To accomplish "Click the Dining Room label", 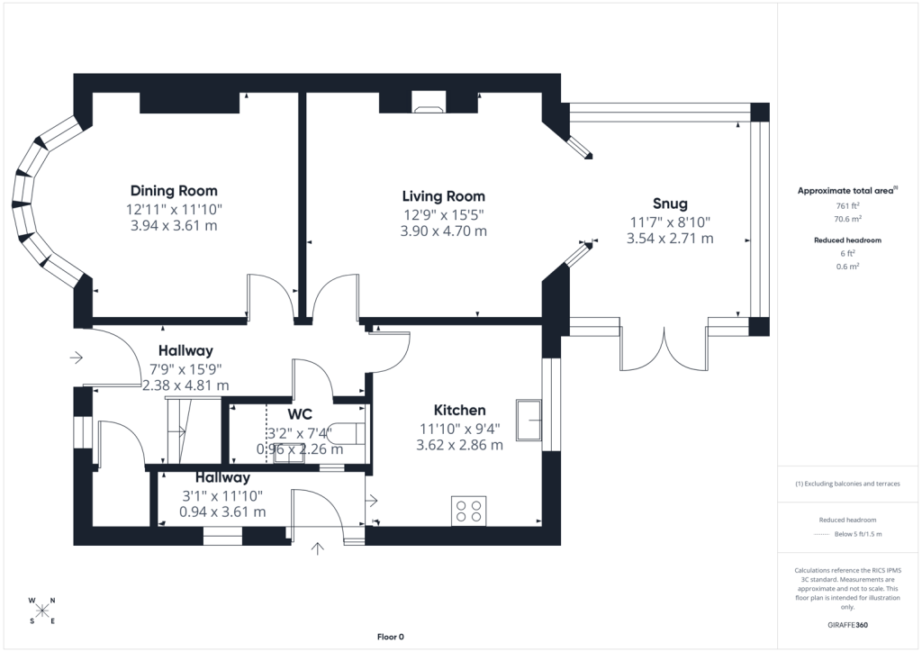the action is [174, 191].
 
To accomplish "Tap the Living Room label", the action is [443, 196].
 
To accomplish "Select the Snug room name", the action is [670, 204].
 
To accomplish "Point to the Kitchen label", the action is [460, 410].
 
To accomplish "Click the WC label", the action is [300, 414].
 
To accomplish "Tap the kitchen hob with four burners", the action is [468, 511].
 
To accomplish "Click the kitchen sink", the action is [529, 420].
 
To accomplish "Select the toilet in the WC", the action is [347, 432].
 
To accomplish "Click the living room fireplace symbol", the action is [429, 102].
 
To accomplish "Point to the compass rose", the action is [42, 611].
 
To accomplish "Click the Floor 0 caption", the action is [391, 637].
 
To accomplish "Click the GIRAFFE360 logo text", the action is [848, 625].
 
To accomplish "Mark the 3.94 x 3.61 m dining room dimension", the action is [174, 225].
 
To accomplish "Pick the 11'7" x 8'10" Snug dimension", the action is [670, 222].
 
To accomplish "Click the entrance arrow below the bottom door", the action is [318, 548].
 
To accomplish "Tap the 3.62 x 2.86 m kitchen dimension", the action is [460, 445].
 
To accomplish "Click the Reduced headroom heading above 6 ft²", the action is [847, 240].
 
